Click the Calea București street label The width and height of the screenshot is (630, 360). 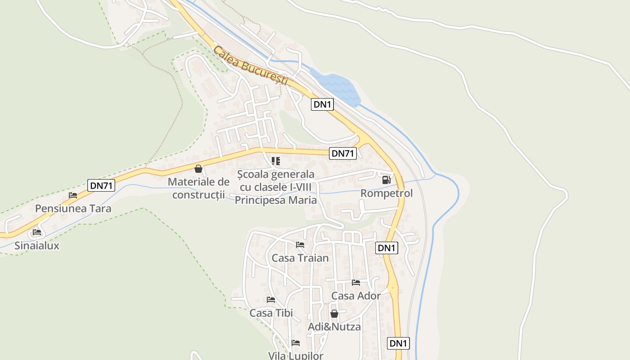251,66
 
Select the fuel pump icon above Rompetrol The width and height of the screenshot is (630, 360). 386,180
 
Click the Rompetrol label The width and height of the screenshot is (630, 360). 387,193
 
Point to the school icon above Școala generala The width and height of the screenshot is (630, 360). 276,161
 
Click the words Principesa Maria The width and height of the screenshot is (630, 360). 276,200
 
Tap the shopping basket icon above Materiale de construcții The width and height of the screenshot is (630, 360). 198,169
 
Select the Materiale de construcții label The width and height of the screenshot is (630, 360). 198,189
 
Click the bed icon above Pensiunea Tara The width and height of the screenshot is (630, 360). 73,195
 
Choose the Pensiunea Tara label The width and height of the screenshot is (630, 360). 73,209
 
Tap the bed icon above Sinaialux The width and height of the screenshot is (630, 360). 37,232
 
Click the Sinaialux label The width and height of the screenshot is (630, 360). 37,246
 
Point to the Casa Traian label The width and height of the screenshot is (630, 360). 300,258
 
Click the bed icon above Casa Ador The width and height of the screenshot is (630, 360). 356,283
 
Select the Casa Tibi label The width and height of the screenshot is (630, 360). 271,313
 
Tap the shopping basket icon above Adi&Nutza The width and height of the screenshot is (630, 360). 334,314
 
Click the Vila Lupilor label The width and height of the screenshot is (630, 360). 296,355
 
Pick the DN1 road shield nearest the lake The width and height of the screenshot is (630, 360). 323,105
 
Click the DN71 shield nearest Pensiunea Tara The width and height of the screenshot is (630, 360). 101,185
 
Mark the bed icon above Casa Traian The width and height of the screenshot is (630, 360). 300,245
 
